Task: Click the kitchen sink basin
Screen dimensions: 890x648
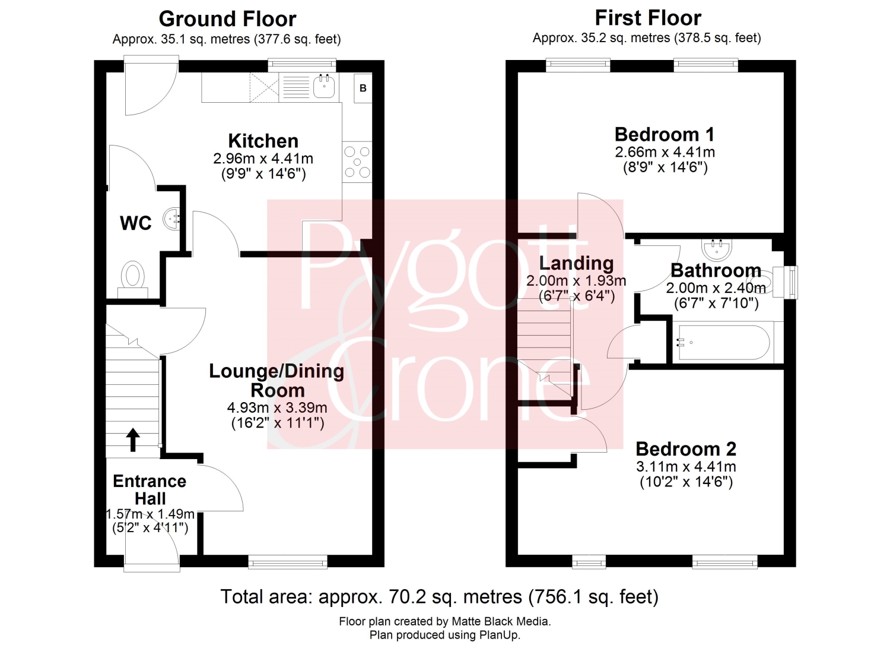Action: click(x=324, y=87)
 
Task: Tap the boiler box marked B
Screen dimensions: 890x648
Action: click(x=363, y=88)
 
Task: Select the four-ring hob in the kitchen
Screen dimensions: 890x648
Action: click(x=357, y=162)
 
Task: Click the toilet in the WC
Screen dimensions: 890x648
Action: click(x=133, y=279)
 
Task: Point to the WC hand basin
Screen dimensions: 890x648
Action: click(x=171, y=219)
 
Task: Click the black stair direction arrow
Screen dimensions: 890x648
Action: click(x=133, y=440)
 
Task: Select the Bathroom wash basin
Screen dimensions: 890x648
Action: click(x=716, y=249)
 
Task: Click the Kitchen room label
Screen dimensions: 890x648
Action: click(x=263, y=141)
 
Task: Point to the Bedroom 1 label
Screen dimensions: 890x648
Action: click(x=665, y=134)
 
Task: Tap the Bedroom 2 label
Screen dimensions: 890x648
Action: click(x=686, y=449)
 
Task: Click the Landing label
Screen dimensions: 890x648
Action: click(x=576, y=264)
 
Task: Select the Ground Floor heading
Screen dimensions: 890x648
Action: click(x=228, y=19)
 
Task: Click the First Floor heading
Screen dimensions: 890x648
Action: click(x=648, y=18)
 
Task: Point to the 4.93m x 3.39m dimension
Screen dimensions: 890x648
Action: click(x=277, y=407)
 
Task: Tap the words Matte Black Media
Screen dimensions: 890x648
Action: click(x=501, y=621)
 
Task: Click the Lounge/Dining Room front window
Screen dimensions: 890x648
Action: click(x=288, y=562)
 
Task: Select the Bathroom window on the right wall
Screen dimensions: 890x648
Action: click(x=791, y=283)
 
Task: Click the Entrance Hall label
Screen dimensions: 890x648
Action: click(x=150, y=490)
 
